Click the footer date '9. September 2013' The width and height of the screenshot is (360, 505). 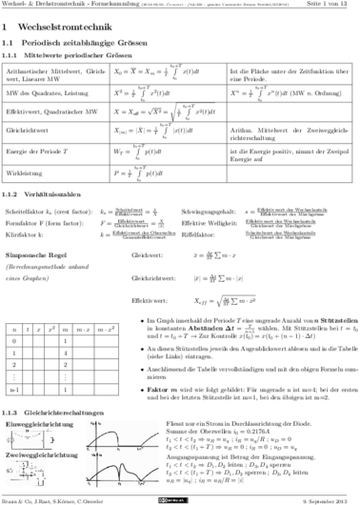tap(328, 497)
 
